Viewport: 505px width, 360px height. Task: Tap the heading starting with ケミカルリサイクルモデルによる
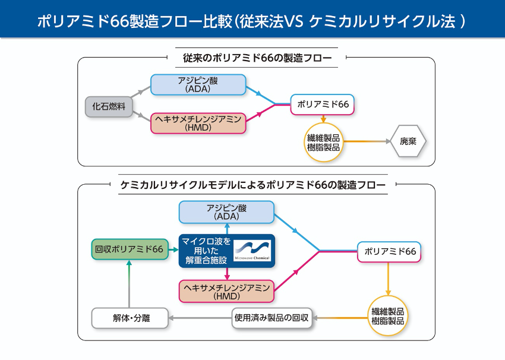pyautogui.click(x=253, y=185)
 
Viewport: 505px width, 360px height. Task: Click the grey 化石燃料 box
pyautogui.click(x=109, y=106)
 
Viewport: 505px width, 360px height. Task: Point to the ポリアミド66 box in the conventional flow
pyautogui.click(x=322, y=105)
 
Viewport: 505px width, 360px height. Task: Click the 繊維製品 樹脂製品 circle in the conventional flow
pyautogui.click(x=323, y=143)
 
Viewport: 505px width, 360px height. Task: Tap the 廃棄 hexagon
pyautogui.click(x=408, y=142)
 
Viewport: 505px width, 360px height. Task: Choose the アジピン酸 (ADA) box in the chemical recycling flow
pyautogui.click(x=226, y=212)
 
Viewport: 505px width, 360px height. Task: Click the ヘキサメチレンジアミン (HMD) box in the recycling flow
pyautogui.click(x=226, y=291)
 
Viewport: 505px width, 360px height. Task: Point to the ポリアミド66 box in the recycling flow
pyautogui.click(x=389, y=251)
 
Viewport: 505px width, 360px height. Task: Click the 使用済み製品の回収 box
pyautogui.click(x=272, y=318)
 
